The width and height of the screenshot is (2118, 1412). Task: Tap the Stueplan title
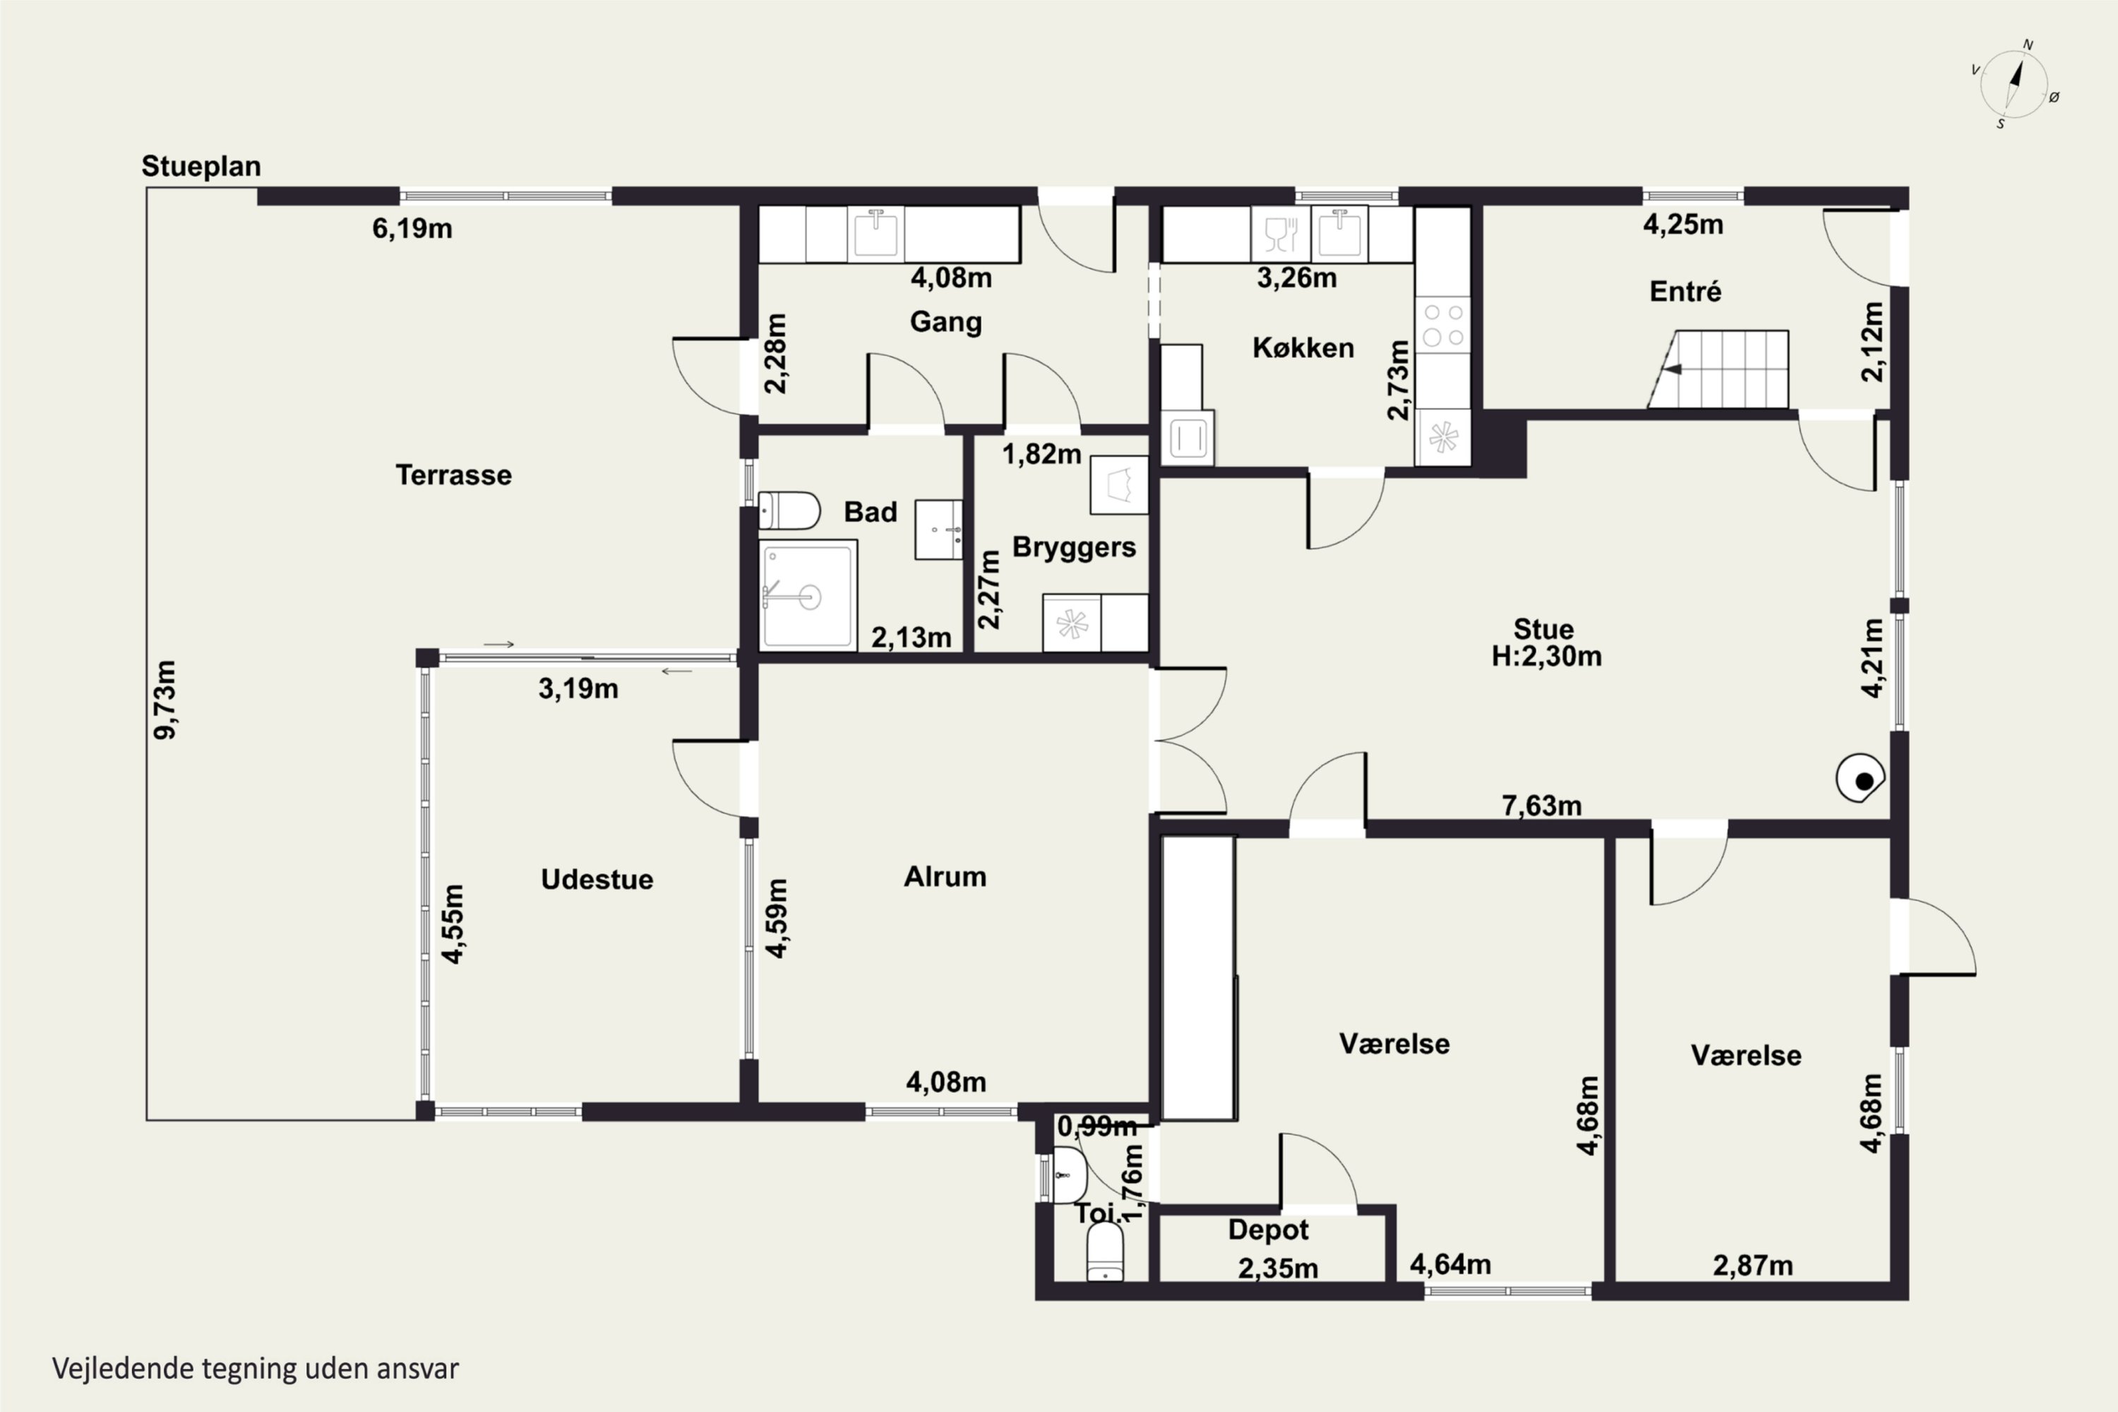click(x=201, y=167)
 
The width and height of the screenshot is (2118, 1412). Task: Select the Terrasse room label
click(x=454, y=474)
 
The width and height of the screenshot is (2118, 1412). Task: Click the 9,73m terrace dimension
click(x=166, y=700)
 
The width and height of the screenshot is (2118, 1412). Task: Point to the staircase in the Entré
click(x=1718, y=369)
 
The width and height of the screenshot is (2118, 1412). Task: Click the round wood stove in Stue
click(x=1860, y=778)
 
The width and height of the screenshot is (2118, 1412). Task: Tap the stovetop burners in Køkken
click(x=1442, y=325)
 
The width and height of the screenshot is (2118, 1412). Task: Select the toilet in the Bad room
click(x=789, y=510)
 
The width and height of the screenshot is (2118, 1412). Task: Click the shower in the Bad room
click(x=808, y=594)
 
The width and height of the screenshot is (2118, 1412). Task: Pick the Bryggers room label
click(x=1075, y=548)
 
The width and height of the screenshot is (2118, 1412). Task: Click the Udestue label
click(x=597, y=879)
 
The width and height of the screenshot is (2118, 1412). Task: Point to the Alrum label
click(x=945, y=876)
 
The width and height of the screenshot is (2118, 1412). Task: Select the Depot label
click(x=1269, y=1230)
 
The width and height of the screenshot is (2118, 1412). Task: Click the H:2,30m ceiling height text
click(x=1547, y=657)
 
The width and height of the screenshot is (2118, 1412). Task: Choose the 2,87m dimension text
click(x=1752, y=1265)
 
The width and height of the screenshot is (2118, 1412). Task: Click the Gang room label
click(x=945, y=321)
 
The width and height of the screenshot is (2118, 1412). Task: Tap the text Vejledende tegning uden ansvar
click(x=256, y=1369)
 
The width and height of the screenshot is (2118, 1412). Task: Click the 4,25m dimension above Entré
click(x=1683, y=225)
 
